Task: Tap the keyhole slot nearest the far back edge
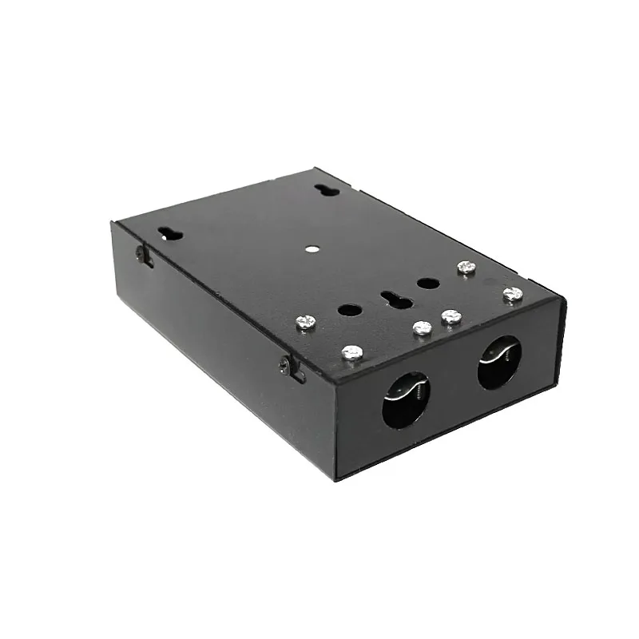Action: click(326, 191)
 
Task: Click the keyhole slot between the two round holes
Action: click(391, 299)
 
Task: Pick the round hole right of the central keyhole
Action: click(427, 283)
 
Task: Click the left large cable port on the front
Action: click(407, 399)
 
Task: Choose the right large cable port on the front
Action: click(498, 361)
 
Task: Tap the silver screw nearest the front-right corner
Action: click(512, 295)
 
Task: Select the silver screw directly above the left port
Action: click(352, 351)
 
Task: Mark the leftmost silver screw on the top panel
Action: click(305, 322)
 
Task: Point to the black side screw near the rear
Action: click(142, 254)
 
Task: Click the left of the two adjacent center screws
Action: click(422, 327)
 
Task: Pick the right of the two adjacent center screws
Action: click(451, 317)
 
